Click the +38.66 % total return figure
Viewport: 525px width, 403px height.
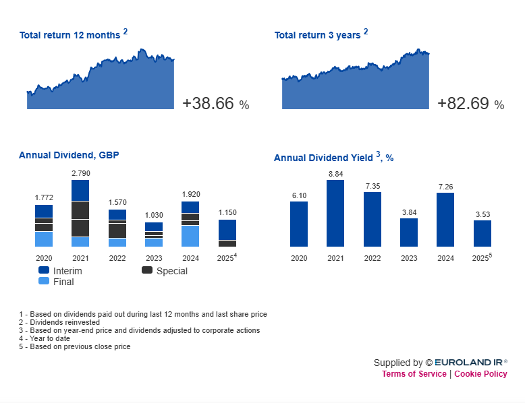click(215, 104)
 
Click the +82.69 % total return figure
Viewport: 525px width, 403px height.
click(470, 104)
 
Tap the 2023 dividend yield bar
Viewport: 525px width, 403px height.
click(409, 232)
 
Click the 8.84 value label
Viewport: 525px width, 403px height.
click(335, 174)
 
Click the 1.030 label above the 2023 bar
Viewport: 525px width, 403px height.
click(154, 215)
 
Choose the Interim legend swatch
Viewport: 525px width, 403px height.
click(44, 270)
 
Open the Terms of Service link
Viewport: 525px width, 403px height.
click(414, 374)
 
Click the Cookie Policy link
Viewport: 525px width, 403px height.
click(480, 374)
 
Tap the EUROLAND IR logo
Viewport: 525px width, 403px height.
click(470, 363)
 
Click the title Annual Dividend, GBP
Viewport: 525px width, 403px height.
click(69, 155)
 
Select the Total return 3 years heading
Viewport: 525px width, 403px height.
click(317, 35)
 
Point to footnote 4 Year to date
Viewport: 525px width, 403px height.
click(45, 338)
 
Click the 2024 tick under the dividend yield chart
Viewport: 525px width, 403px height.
click(445, 258)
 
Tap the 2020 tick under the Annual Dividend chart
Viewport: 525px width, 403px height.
click(44, 258)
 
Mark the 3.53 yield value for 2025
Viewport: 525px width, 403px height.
click(482, 214)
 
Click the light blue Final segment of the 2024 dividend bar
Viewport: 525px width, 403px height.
click(190, 236)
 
